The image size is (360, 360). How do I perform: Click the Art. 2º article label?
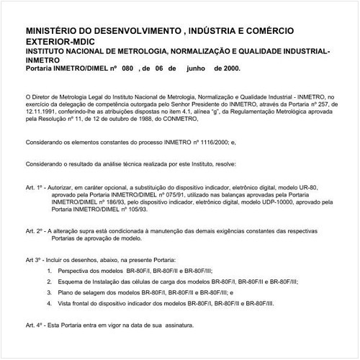pos(34,231)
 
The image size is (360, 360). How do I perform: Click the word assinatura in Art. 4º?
pos(177,325)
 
